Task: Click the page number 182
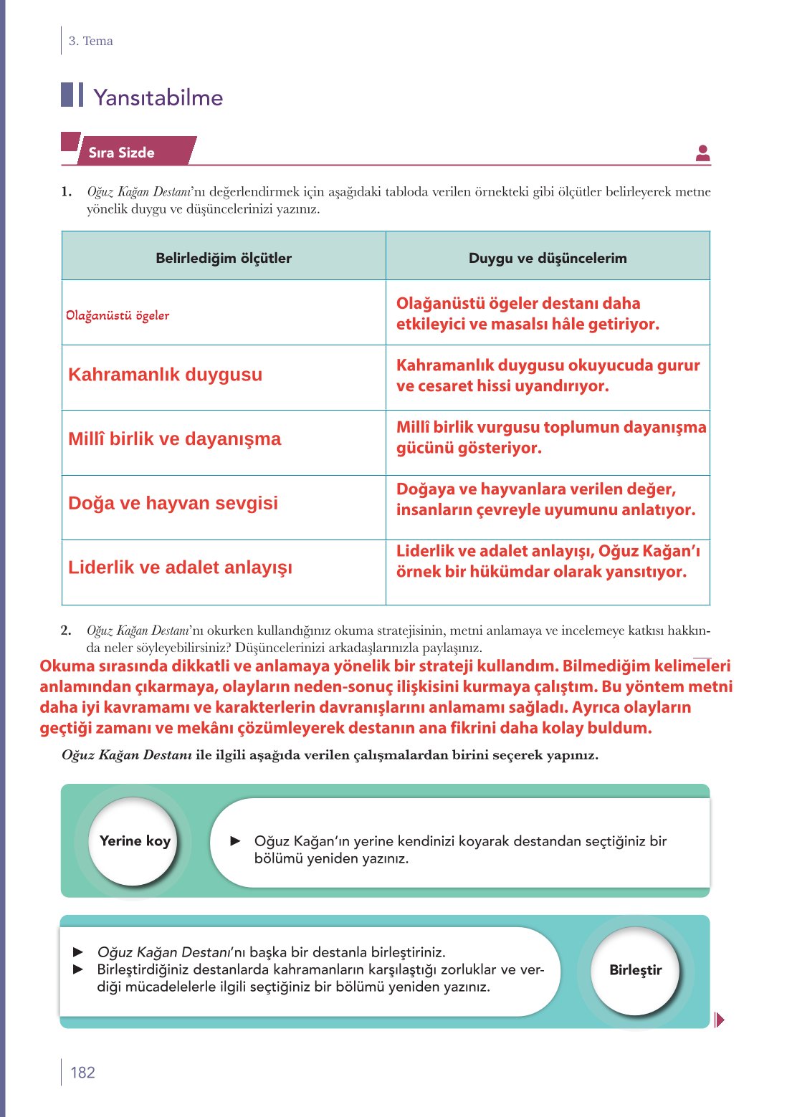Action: (x=82, y=1072)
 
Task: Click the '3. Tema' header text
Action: (x=90, y=41)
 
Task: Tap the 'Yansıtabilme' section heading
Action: (x=158, y=97)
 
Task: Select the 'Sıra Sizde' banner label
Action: (x=122, y=153)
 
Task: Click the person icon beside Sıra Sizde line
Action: (x=702, y=153)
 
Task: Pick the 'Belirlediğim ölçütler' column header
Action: (x=224, y=258)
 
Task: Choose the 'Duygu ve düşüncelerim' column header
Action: (x=548, y=258)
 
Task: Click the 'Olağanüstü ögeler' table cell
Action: (x=118, y=315)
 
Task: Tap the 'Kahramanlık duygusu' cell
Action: (x=165, y=374)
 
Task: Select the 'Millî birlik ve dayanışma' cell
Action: (x=174, y=438)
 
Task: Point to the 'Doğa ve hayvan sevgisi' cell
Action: (x=173, y=503)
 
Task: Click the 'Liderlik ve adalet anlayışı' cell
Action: (x=180, y=567)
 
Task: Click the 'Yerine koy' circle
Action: (x=135, y=841)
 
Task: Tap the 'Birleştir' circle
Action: (x=635, y=970)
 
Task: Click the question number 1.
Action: (x=66, y=191)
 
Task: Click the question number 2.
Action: (x=66, y=631)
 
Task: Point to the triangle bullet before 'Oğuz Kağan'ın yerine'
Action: (x=236, y=841)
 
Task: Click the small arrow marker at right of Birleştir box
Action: (x=719, y=1020)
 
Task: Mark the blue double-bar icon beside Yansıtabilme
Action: (x=72, y=95)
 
